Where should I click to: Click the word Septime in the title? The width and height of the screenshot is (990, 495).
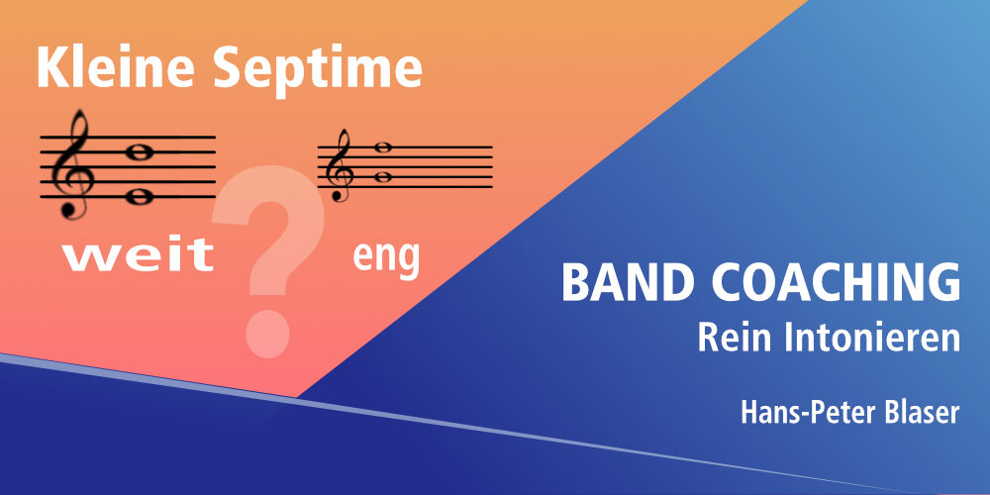pyautogui.click(x=318, y=72)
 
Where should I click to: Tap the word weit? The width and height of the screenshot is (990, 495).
pyautogui.click(x=139, y=255)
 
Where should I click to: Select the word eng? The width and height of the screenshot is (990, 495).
pyautogui.click(x=386, y=257)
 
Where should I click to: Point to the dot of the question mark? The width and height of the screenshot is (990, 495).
pyautogui.click(x=267, y=334)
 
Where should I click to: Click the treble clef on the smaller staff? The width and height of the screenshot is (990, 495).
pyautogui.click(x=338, y=165)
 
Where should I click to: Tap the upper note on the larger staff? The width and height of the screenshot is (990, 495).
pyautogui.click(x=139, y=152)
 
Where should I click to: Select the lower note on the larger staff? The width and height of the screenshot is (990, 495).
pyautogui.click(x=139, y=197)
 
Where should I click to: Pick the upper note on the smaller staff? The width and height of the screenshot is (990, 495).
pyautogui.click(x=382, y=148)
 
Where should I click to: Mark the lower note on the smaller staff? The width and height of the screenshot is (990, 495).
pyautogui.click(x=382, y=177)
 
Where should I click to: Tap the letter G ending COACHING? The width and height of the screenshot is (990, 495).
pyautogui.click(x=943, y=282)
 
